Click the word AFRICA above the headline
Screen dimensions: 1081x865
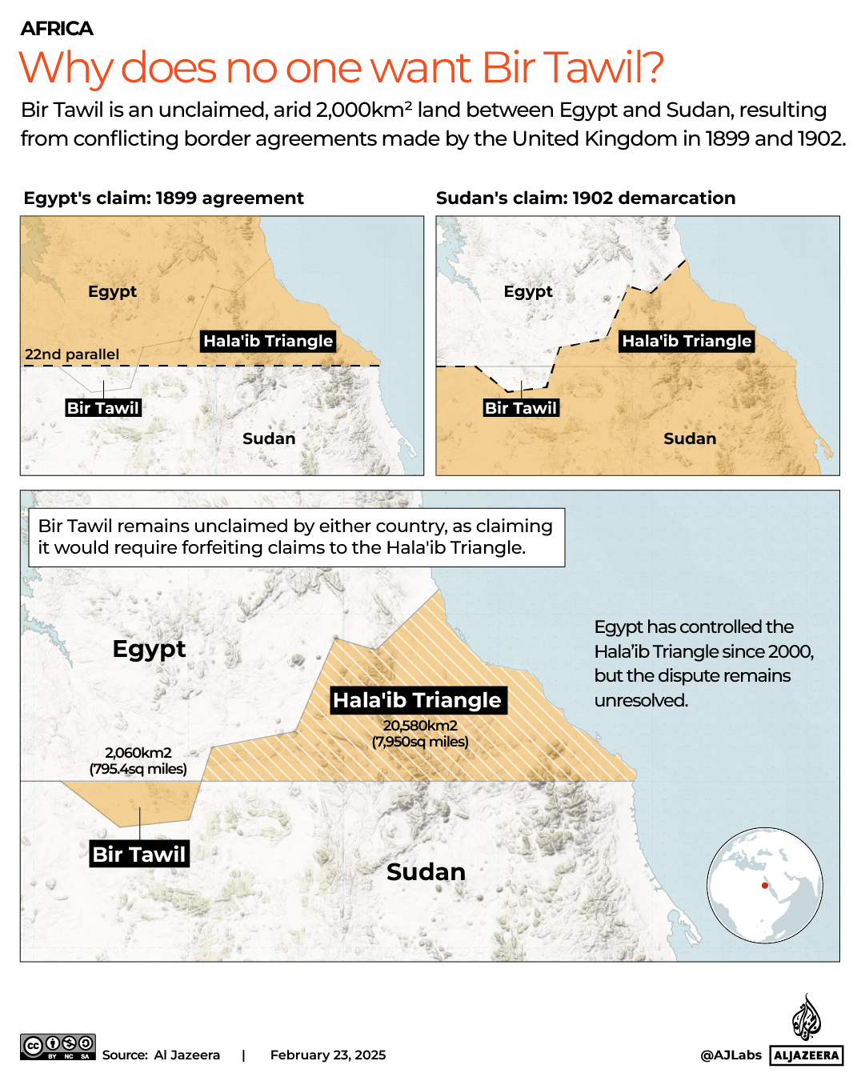tap(57, 29)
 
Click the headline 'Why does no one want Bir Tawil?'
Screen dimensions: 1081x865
tap(341, 68)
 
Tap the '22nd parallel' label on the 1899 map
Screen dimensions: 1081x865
tap(72, 354)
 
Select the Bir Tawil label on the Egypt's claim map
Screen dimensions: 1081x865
tap(103, 408)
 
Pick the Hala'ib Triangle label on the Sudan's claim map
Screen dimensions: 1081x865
tap(687, 341)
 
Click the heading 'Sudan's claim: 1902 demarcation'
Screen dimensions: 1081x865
tap(585, 198)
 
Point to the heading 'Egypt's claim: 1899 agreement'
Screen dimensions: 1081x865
tap(163, 198)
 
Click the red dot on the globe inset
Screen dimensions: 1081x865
tap(765, 886)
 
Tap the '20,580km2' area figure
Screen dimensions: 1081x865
tap(420, 725)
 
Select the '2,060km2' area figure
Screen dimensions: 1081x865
tap(138, 752)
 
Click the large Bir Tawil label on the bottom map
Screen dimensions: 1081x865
tap(139, 854)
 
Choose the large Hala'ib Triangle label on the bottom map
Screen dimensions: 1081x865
tap(417, 700)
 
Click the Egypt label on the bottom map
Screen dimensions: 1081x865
tap(149, 648)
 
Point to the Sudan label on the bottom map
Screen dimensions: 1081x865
tap(426, 871)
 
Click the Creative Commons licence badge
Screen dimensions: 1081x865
tap(58, 1047)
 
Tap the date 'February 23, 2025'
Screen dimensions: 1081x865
tap(328, 1055)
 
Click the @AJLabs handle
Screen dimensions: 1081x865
tap(731, 1055)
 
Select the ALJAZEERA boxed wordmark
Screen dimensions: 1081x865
tap(807, 1055)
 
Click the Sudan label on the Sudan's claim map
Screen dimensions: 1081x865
tap(690, 438)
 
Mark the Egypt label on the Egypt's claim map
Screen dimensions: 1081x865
tap(112, 291)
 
